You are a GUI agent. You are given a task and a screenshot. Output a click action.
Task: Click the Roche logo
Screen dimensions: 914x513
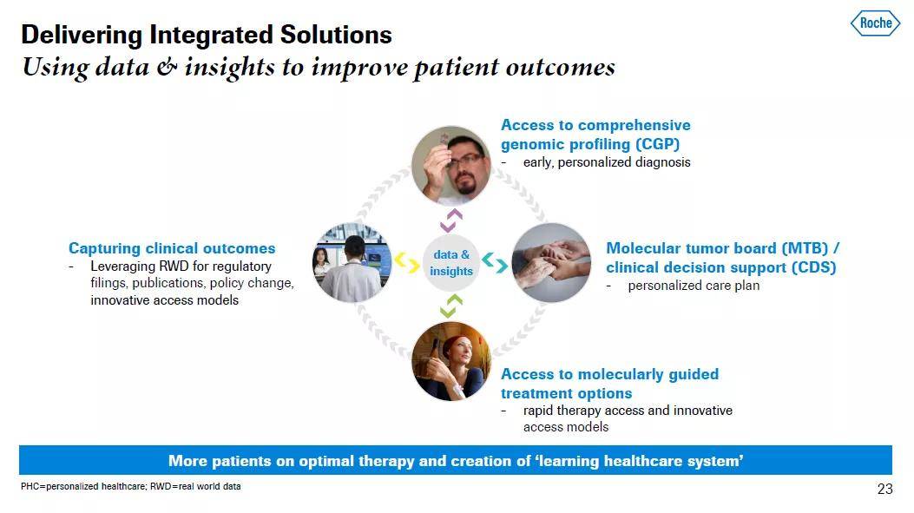[x=875, y=23]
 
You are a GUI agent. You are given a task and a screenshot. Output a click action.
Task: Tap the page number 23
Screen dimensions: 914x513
[x=884, y=489]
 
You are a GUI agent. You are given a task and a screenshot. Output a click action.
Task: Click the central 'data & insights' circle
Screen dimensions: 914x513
[x=450, y=263]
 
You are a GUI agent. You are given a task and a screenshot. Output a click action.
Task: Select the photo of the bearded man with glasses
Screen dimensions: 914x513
[x=451, y=166]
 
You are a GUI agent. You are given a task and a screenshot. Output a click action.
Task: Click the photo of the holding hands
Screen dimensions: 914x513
[x=551, y=262]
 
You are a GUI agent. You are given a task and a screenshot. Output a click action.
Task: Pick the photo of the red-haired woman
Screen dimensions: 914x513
[x=451, y=361]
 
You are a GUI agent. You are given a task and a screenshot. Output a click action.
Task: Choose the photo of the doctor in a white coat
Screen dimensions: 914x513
[x=352, y=262]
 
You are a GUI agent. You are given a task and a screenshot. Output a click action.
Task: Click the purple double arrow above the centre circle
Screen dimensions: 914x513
[x=451, y=220]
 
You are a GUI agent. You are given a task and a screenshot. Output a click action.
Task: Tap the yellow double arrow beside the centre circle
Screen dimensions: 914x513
[x=407, y=262]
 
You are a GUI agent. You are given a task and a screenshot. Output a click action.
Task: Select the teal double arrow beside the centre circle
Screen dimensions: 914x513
[x=494, y=262]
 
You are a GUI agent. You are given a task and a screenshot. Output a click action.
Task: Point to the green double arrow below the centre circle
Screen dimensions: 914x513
[x=451, y=306]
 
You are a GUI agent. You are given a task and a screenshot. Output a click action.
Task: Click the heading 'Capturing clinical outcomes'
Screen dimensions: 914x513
[x=172, y=248]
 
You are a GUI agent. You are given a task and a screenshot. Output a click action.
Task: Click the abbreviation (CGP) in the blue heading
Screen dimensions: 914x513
[x=658, y=144]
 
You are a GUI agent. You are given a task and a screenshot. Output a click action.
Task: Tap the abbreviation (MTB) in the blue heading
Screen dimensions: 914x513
[x=805, y=248]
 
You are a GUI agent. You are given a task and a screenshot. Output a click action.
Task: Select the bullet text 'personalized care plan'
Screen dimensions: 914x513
[x=694, y=286]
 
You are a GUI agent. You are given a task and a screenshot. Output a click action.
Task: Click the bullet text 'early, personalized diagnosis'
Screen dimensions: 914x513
[x=607, y=162]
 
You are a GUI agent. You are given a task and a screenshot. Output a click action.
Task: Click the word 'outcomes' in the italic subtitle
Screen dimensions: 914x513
[x=560, y=67]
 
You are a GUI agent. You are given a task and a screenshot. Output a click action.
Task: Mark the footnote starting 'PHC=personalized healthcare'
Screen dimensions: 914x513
[x=130, y=486]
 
